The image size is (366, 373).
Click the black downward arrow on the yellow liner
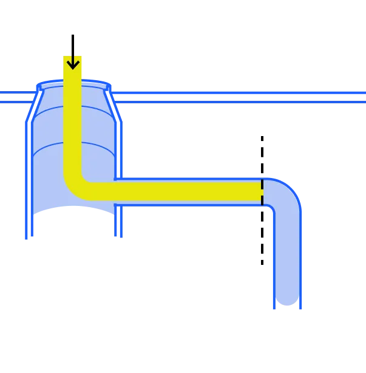(73, 61)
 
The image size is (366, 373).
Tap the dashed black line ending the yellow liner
(262, 192)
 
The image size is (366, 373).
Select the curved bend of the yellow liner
(76, 186)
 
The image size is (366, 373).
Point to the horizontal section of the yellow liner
(182, 191)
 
